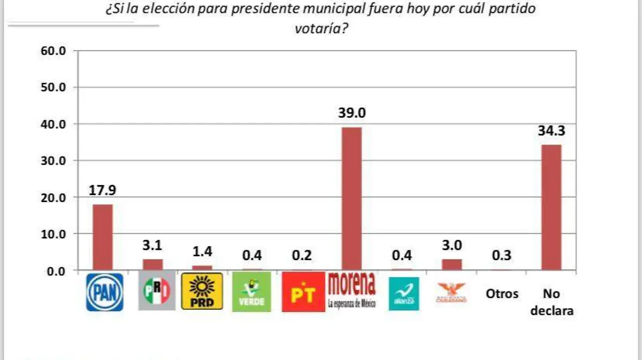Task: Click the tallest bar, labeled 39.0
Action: [x=351, y=198]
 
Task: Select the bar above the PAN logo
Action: [x=103, y=237]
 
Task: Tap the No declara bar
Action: [x=552, y=207]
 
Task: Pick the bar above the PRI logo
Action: [x=152, y=265]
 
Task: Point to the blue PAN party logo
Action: [x=105, y=292]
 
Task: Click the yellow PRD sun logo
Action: [x=202, y=291]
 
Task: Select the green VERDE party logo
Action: [x=251, y=292]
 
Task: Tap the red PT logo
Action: [x=303, y=292]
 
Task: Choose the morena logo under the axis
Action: [x=351, y=290]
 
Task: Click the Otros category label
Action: [x=502, y=294]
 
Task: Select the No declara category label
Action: [x=552, y=302]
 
